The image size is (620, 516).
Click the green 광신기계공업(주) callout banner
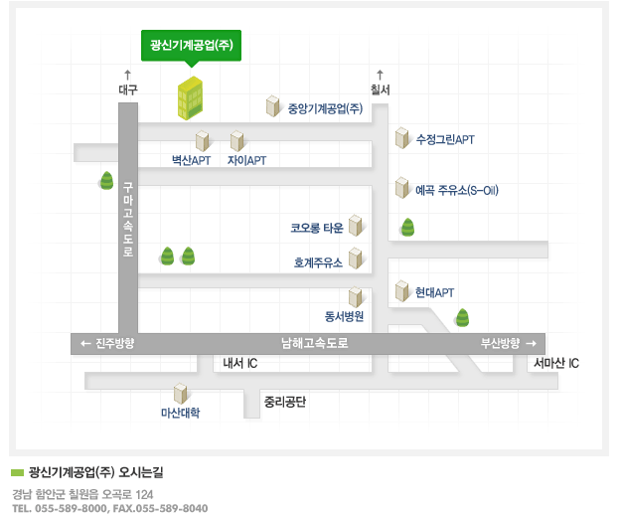click(191, 46)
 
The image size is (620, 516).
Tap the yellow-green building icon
click(190, 98)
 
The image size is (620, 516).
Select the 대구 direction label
click(128, 89)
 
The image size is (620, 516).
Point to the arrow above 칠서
click(380, 75)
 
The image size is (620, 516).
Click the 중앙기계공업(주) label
click(325, 108)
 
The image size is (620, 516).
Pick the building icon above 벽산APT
click(202, 141)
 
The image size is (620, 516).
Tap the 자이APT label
click(246, 161)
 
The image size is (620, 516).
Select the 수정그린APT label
click(445, 139)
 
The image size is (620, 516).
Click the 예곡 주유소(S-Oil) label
click(457, 190)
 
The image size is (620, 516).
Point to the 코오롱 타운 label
click(317, 228)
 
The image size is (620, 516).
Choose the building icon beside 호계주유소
click(355, 258)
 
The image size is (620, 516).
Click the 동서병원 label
click(344, 316)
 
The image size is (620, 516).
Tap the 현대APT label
click(434, 292)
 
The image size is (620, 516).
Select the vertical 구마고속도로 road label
click(128, 219)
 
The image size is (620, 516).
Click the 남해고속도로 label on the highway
click(315, 343)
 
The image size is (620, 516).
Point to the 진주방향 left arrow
click(85, 343)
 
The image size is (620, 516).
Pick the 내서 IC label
click(240, 363)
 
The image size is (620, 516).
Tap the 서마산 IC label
click(556, 363)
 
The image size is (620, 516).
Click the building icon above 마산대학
click(180, 394)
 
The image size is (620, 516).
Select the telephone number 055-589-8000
click(71, 508)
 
